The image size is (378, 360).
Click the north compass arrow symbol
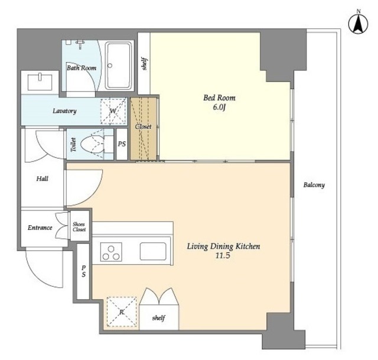coord(359,24)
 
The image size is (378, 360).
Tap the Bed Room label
coord(219,98)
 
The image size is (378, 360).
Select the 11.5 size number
coord(223,255)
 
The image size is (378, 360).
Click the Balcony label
coord(314,185)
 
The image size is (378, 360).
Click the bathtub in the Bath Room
coord(119,66)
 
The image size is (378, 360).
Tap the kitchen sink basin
coord(153,251)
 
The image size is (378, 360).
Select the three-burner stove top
coord(111,252)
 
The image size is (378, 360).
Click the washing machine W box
coord(113,111)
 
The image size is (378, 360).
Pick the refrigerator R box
coord(122,312)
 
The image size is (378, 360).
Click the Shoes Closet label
coord(79,227)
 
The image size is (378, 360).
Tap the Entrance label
coord(40,228)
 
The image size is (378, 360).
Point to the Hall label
coord(42,179)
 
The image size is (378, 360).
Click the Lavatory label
coord(64,111)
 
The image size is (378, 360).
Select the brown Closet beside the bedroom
coord(143,129)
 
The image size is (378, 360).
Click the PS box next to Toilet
coord(122,144)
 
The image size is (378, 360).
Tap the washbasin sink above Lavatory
coord(40,82)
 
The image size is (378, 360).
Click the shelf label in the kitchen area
coord(158,318)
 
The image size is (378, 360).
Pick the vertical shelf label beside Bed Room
coord(144,63)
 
